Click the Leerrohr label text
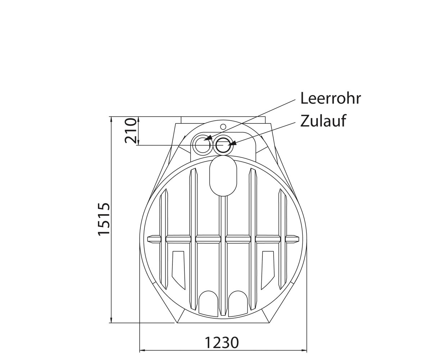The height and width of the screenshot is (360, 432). [330, 98]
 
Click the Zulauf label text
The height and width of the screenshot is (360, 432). [323, 121]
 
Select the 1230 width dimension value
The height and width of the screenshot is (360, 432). [222, 343]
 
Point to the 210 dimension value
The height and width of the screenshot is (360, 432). [131, 131]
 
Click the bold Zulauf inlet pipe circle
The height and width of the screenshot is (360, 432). [223, 145]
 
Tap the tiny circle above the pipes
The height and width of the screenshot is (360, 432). [223, 126]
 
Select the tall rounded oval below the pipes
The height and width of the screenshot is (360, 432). [223, 176]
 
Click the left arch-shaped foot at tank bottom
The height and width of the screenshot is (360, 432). [208, 304]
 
